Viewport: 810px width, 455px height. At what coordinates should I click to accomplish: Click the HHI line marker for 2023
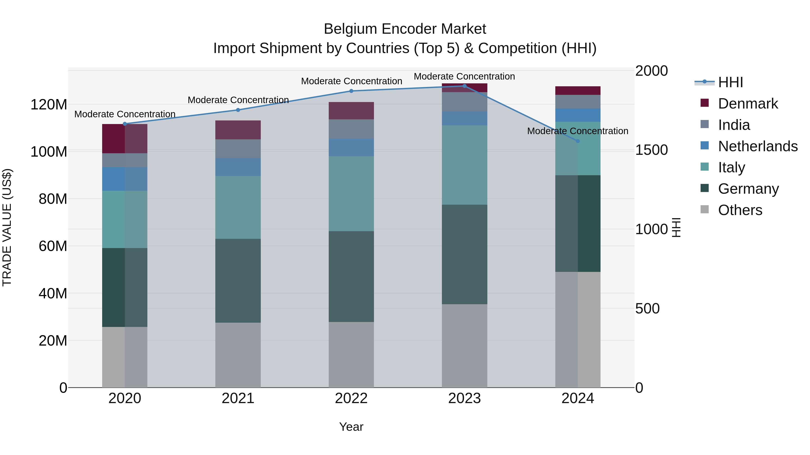pos(464,86)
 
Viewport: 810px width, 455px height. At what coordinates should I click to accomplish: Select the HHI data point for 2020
pos(125,124)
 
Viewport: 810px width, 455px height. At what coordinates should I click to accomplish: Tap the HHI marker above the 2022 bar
pos(351,91)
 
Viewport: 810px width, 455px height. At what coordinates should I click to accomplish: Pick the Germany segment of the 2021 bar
pos(238,280)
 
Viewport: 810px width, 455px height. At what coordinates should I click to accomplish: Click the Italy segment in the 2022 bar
pos(351,194)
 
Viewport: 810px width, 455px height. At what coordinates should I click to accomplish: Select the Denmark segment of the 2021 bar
pos(238,130)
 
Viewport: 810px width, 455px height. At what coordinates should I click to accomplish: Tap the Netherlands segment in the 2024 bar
pos(578,115)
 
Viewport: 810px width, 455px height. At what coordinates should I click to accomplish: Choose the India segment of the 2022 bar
pos(351,129)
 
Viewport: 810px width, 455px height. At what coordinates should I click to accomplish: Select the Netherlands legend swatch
pos(705,146)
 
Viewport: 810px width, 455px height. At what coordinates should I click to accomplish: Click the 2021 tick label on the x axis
pos(238,398)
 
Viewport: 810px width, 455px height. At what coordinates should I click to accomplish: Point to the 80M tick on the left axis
pos(53,199)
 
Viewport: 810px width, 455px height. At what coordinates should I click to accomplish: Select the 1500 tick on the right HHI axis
pos(651,150)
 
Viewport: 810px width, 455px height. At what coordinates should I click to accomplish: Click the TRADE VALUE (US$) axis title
pos(7,227)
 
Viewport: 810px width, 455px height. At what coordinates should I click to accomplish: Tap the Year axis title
pos(351,427)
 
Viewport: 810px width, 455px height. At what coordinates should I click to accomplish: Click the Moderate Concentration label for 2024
pos(578,131)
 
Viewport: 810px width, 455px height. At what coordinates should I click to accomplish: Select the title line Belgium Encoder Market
pos(405,29)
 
